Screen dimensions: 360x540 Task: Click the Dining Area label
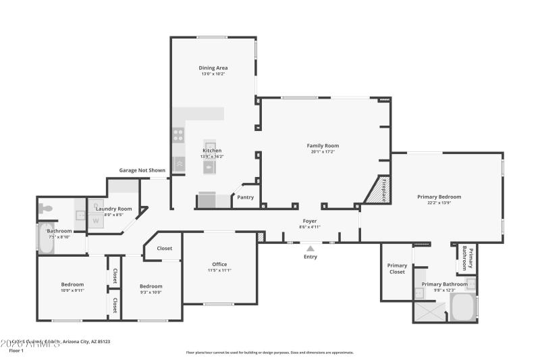(x=213, y=68)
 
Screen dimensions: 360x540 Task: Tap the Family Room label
(x=323, y=145)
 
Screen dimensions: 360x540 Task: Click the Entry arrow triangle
(x=310, y=249)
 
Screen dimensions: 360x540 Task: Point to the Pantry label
(x=244, y=198)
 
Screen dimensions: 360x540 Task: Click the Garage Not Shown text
(x=142, y=170)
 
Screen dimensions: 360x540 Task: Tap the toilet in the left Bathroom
(x=46, y=208)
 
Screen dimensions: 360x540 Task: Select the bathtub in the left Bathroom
(x=45, y=238)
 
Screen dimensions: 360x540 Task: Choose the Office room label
(x=219, y=264)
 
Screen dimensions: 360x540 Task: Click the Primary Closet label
(x=397, y=269)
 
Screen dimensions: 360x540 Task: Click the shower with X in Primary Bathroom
(x=429, y=311)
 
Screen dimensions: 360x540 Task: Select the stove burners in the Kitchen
(x=178, y=134)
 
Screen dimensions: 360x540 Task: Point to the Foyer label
(x=309, y=221)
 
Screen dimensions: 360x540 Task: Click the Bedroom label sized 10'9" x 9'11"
(x=72, y=284)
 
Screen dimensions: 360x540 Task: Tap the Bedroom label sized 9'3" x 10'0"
(x=151, y=286)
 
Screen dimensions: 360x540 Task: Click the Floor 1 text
(x=16, y=351)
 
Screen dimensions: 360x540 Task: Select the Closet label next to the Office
(x=164, y=248)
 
